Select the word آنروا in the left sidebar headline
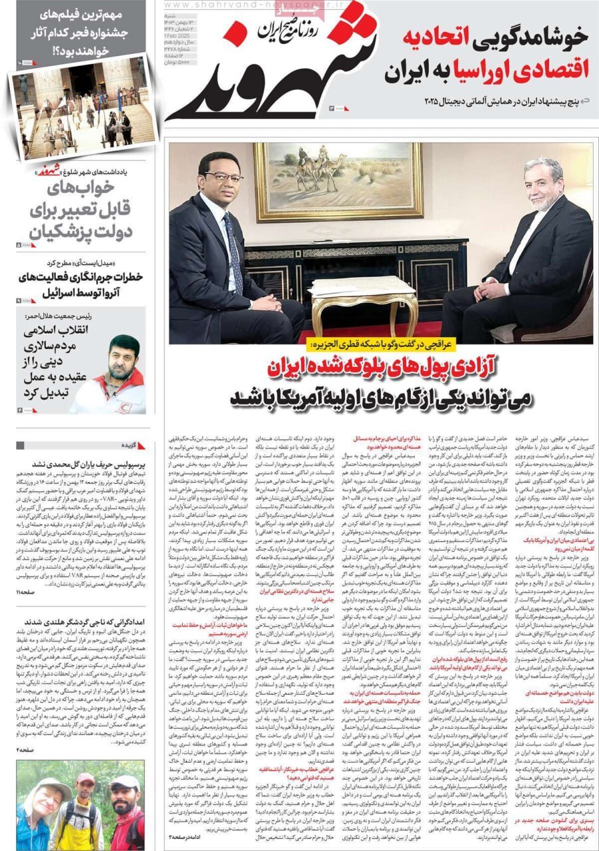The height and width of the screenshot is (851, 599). [x=121, y=291]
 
